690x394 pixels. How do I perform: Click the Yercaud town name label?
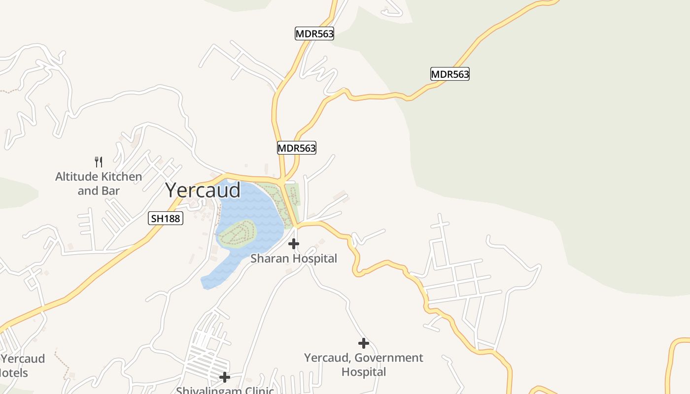(203, 190)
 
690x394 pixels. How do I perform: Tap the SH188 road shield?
(166, 218)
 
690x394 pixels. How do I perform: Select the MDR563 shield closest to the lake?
(296, 148)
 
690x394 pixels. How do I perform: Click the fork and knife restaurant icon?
(99, 162)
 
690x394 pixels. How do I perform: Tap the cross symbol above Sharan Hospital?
(294, 243)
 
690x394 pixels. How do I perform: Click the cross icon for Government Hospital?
(364, 343)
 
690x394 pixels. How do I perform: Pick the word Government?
(389, 358)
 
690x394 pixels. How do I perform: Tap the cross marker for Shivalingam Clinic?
(225, 377)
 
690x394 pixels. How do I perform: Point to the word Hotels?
(14, 373)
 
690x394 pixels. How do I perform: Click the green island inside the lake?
(238, 233)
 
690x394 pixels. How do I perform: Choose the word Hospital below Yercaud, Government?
(364, 372)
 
